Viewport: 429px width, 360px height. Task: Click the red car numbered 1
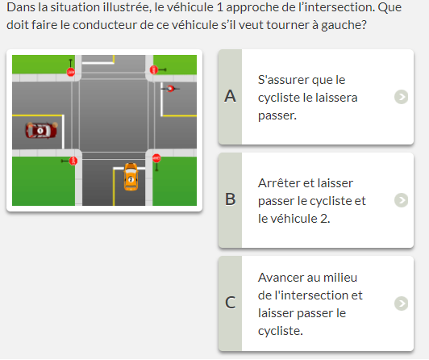point(41,131)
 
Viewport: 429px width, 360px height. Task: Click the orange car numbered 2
point(131,177)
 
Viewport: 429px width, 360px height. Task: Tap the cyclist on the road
point(170,89)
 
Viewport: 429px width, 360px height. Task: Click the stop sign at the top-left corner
point(71,72)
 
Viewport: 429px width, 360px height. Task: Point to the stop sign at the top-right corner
point(154,69)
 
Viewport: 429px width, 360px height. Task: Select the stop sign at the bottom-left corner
point(73,161)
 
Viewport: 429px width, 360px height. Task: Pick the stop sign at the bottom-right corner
point(156,158)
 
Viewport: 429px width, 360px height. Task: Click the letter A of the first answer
point(230,96)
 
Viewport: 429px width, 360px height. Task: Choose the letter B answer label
point(231,199)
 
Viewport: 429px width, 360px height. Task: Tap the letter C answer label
point(231,303)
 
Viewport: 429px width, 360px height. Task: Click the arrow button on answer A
point(401,97)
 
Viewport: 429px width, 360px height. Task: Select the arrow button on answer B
point(401,200)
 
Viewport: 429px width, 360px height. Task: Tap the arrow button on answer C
point(401,303)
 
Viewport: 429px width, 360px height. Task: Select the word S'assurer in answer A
point(281,80)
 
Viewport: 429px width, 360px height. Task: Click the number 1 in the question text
point(219,7)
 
